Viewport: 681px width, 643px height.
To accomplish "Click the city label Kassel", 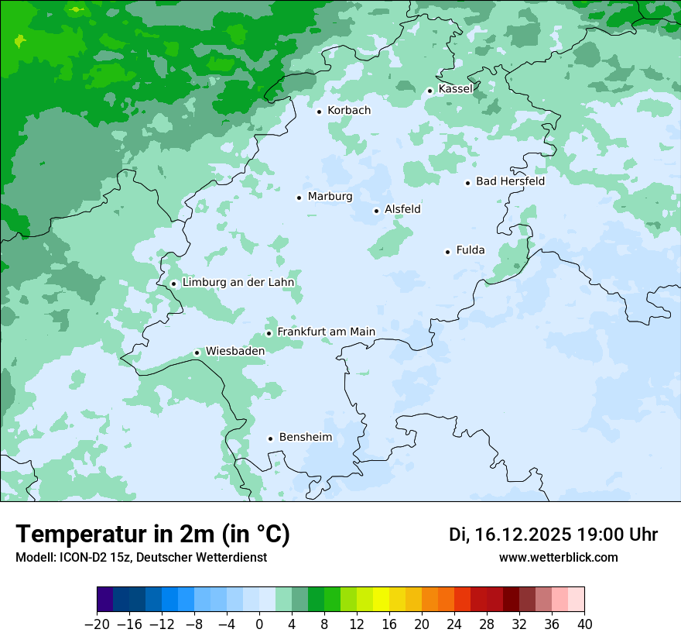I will click(x=455, y=89).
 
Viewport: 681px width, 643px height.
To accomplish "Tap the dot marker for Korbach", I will click(x=319, y=112).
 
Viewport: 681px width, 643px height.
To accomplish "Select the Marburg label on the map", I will click(x=330, y=197).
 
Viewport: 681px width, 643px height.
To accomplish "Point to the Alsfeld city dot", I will click(x=377, y=211).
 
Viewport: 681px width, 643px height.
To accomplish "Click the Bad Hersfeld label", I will click(x=510, y=181).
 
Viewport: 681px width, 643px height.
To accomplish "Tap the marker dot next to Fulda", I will click(x=447, y=252).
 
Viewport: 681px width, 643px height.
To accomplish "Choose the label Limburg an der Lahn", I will click(x=238, y=283).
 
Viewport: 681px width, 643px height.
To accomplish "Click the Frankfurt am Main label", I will click(x=326, y=332).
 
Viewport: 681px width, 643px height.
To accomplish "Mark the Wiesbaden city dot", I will click(x=197, y=352).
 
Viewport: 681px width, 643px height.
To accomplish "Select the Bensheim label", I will click(x=305, y=437).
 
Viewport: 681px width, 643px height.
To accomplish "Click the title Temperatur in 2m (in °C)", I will click(x=153, y=535).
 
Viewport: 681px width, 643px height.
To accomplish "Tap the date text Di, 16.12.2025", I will click(x=510, y=535).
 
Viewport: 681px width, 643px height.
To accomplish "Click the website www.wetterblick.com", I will click(x=558, y=557).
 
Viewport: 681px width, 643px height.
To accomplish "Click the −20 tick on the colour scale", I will click(x=97, y=624).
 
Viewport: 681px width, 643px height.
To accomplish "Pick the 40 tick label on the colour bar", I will click(x=584, y=624).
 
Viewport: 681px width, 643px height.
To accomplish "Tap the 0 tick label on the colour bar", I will click(x=259, y=624).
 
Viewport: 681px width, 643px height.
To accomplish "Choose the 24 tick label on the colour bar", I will click(x=454, y=624).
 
